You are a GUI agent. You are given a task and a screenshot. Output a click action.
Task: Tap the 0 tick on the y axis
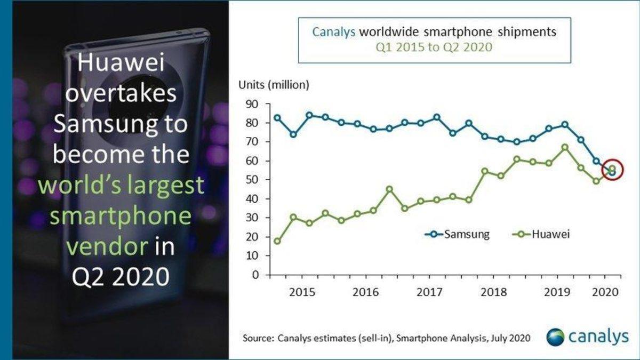[254, 275]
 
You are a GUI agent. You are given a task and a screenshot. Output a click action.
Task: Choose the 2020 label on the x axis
[606, 293]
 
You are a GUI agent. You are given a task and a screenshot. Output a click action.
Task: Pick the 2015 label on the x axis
[302, 293]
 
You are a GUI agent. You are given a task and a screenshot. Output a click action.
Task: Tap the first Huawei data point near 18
[277, 241]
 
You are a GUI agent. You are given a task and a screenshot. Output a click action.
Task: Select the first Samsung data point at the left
[277, 118]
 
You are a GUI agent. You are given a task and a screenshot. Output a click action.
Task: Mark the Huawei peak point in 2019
[565, 147]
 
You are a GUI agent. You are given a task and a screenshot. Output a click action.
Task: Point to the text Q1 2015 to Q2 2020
[434, 47]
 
